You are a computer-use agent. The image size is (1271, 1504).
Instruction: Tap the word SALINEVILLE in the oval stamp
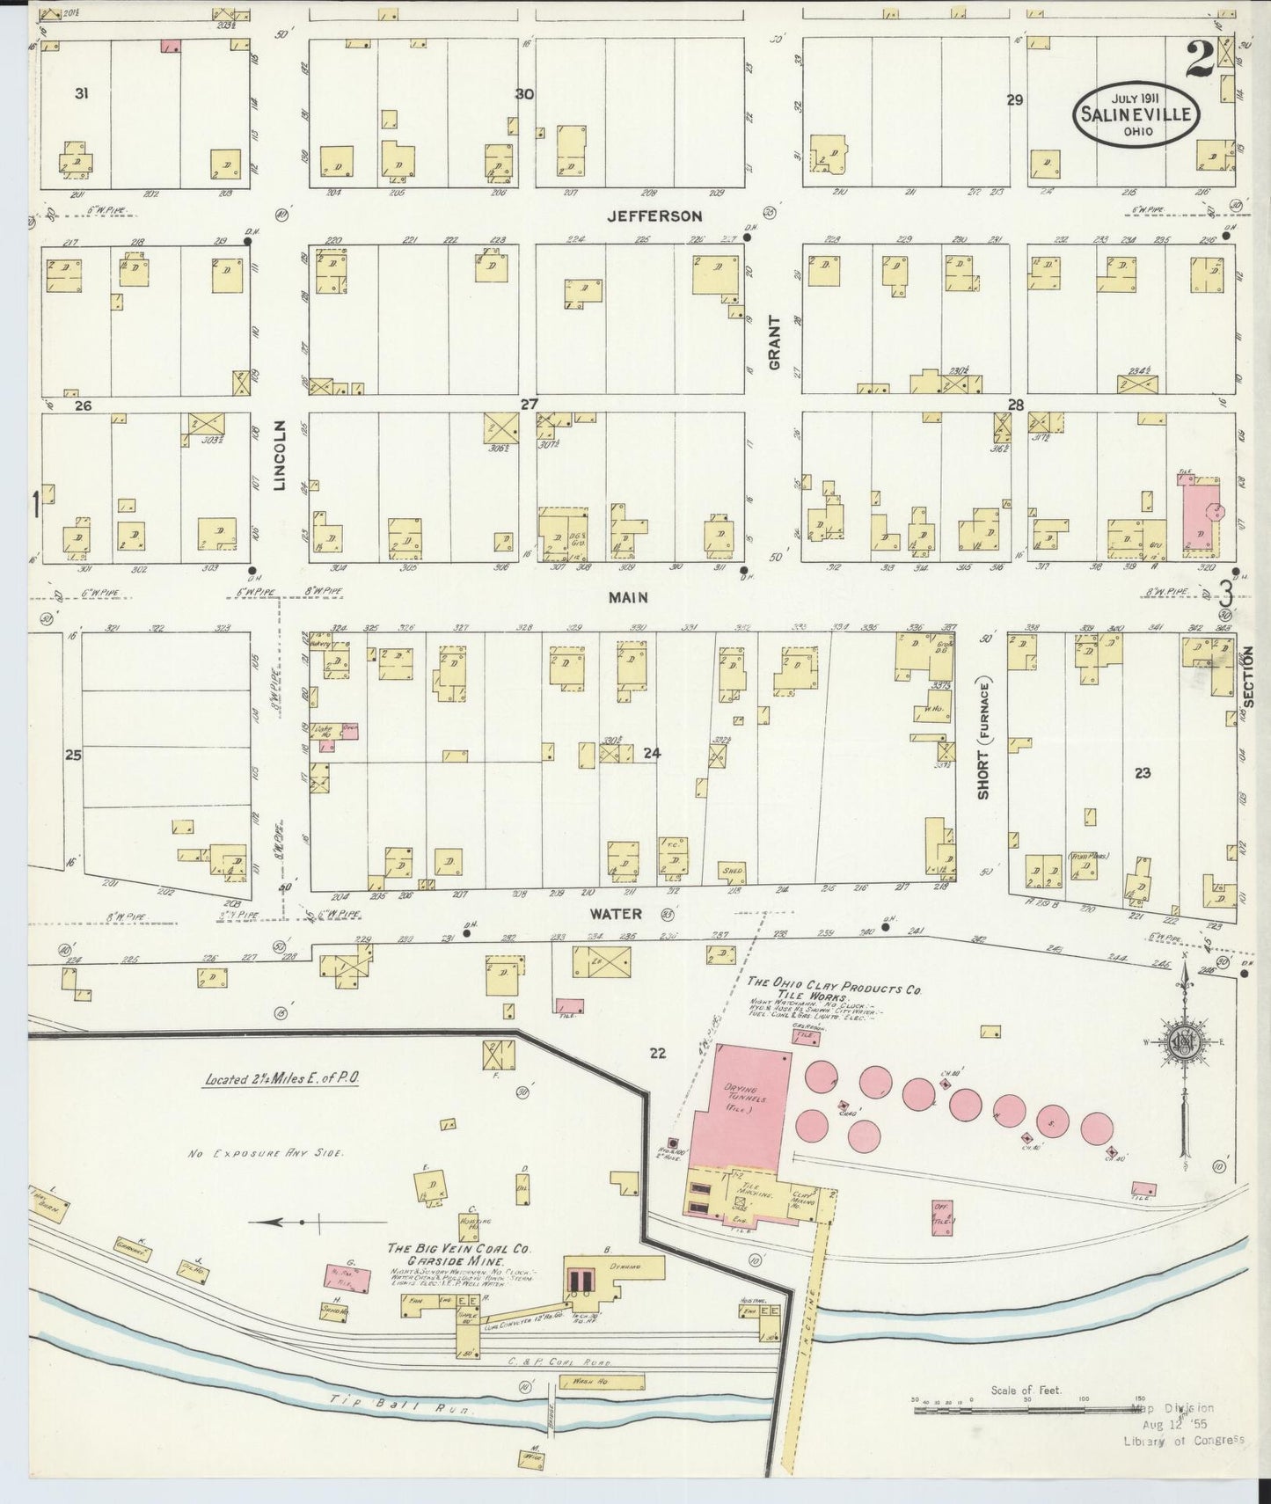[1134, 115]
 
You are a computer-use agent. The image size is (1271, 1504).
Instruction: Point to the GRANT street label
[775, 341]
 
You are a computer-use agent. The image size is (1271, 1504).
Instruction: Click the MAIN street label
[628, 597]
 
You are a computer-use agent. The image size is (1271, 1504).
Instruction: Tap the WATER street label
[622, 914]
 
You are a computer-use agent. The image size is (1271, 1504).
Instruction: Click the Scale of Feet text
[1026, 1391]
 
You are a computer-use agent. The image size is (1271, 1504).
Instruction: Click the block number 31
[81, 93]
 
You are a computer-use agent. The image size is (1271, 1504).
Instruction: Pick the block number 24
[651, 753]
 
